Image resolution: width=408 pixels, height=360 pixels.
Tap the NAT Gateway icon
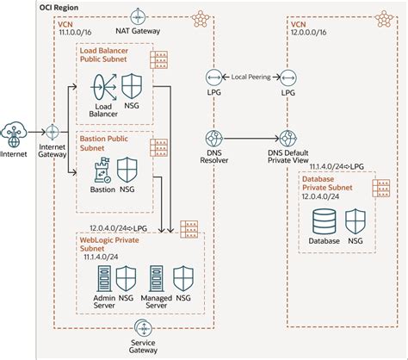coord(138,16)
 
